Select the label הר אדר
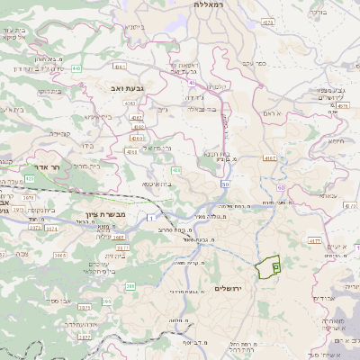coord(42,167)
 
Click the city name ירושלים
coord(229,288)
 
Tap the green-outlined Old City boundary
coord(268,266)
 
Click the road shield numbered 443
coord(77,67)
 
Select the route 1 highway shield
coord(149,219)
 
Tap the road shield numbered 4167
coord(270,157)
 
